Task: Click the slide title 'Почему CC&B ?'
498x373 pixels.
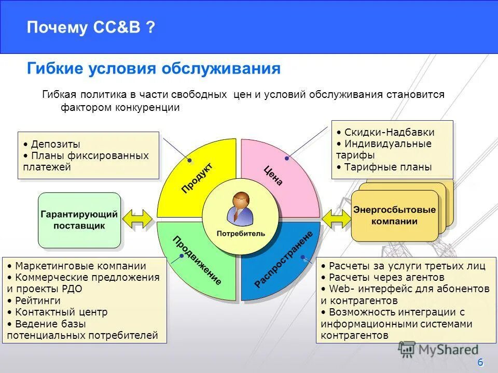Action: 91,27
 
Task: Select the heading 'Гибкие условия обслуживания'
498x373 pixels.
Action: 154,69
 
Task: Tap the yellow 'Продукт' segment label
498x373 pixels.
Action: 197,178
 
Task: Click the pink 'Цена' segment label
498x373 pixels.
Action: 273,176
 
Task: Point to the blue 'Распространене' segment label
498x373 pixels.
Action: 284,260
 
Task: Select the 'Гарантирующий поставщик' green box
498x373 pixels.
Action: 79,220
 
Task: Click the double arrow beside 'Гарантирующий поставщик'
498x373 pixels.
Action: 137,219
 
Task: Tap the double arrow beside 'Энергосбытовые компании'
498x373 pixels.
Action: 336,218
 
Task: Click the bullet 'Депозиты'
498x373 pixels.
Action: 55,144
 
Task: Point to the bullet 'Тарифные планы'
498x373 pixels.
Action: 388,167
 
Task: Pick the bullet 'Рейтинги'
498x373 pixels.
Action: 37,300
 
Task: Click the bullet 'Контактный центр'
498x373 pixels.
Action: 61,312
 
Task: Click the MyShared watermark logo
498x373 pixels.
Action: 438,350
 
